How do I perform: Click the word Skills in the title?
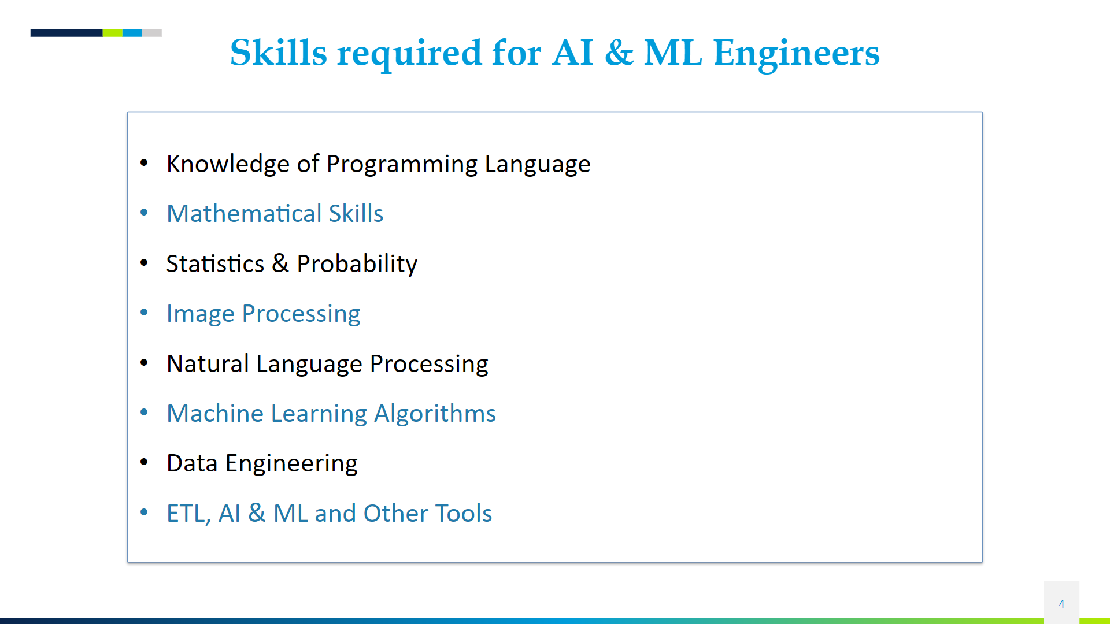(x=279, y=53)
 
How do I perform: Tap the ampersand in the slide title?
(x=619, y=53)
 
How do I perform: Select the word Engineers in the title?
(x=796, y=53)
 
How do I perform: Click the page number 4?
(x=1061, y=604)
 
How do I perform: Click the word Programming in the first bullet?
(x=402, y=164)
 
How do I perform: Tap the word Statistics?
(x=215, y=264)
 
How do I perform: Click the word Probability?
(x=357, y=264)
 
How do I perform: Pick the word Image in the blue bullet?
(x=200, y=314)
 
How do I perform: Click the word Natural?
(x=208, y=364)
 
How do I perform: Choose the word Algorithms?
(x=435, y=414)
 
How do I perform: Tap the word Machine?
(x=215, y=414)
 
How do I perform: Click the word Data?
(x=192, y=463)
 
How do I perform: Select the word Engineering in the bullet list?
(x=291, y=463)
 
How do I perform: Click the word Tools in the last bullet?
(x=463, y=514)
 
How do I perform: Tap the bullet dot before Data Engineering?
(x=144, y=462)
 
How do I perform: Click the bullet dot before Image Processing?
(x=144, y=313)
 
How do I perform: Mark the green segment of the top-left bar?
(x=112, y=33)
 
